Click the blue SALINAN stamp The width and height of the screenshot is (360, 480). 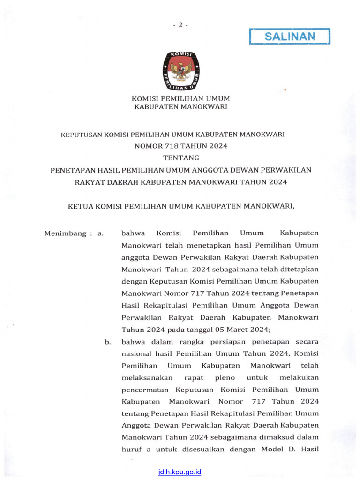click(289, 36)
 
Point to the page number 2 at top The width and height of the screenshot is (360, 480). click(180, 25)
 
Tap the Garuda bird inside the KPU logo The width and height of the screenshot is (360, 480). click(180, 70)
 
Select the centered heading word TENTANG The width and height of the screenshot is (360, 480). click(181, 157)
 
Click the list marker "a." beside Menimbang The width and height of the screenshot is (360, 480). click(100, 233)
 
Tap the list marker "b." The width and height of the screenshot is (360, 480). click(108, 342)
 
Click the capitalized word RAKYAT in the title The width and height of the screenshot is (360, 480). click(91, 181)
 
